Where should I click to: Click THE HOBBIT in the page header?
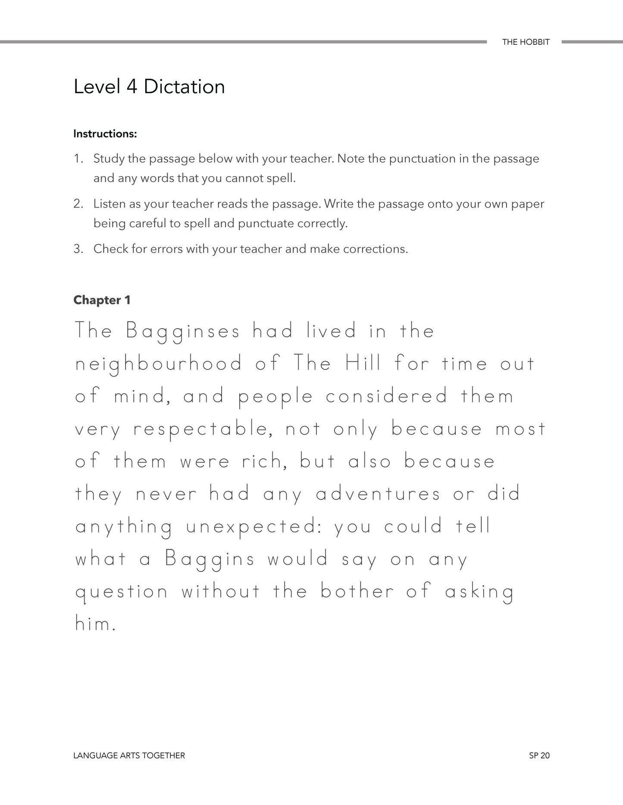point(526,42)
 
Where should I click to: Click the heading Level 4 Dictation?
point(149,87)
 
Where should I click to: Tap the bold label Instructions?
point(105,134)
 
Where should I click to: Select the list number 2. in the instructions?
point(78,204)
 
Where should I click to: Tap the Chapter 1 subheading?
point(102,300)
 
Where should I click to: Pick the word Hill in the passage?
point(363,364)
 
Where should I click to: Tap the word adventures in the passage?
point(378,494)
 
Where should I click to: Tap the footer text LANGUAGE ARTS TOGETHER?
point(129,755)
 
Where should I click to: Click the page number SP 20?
point(539,755)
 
